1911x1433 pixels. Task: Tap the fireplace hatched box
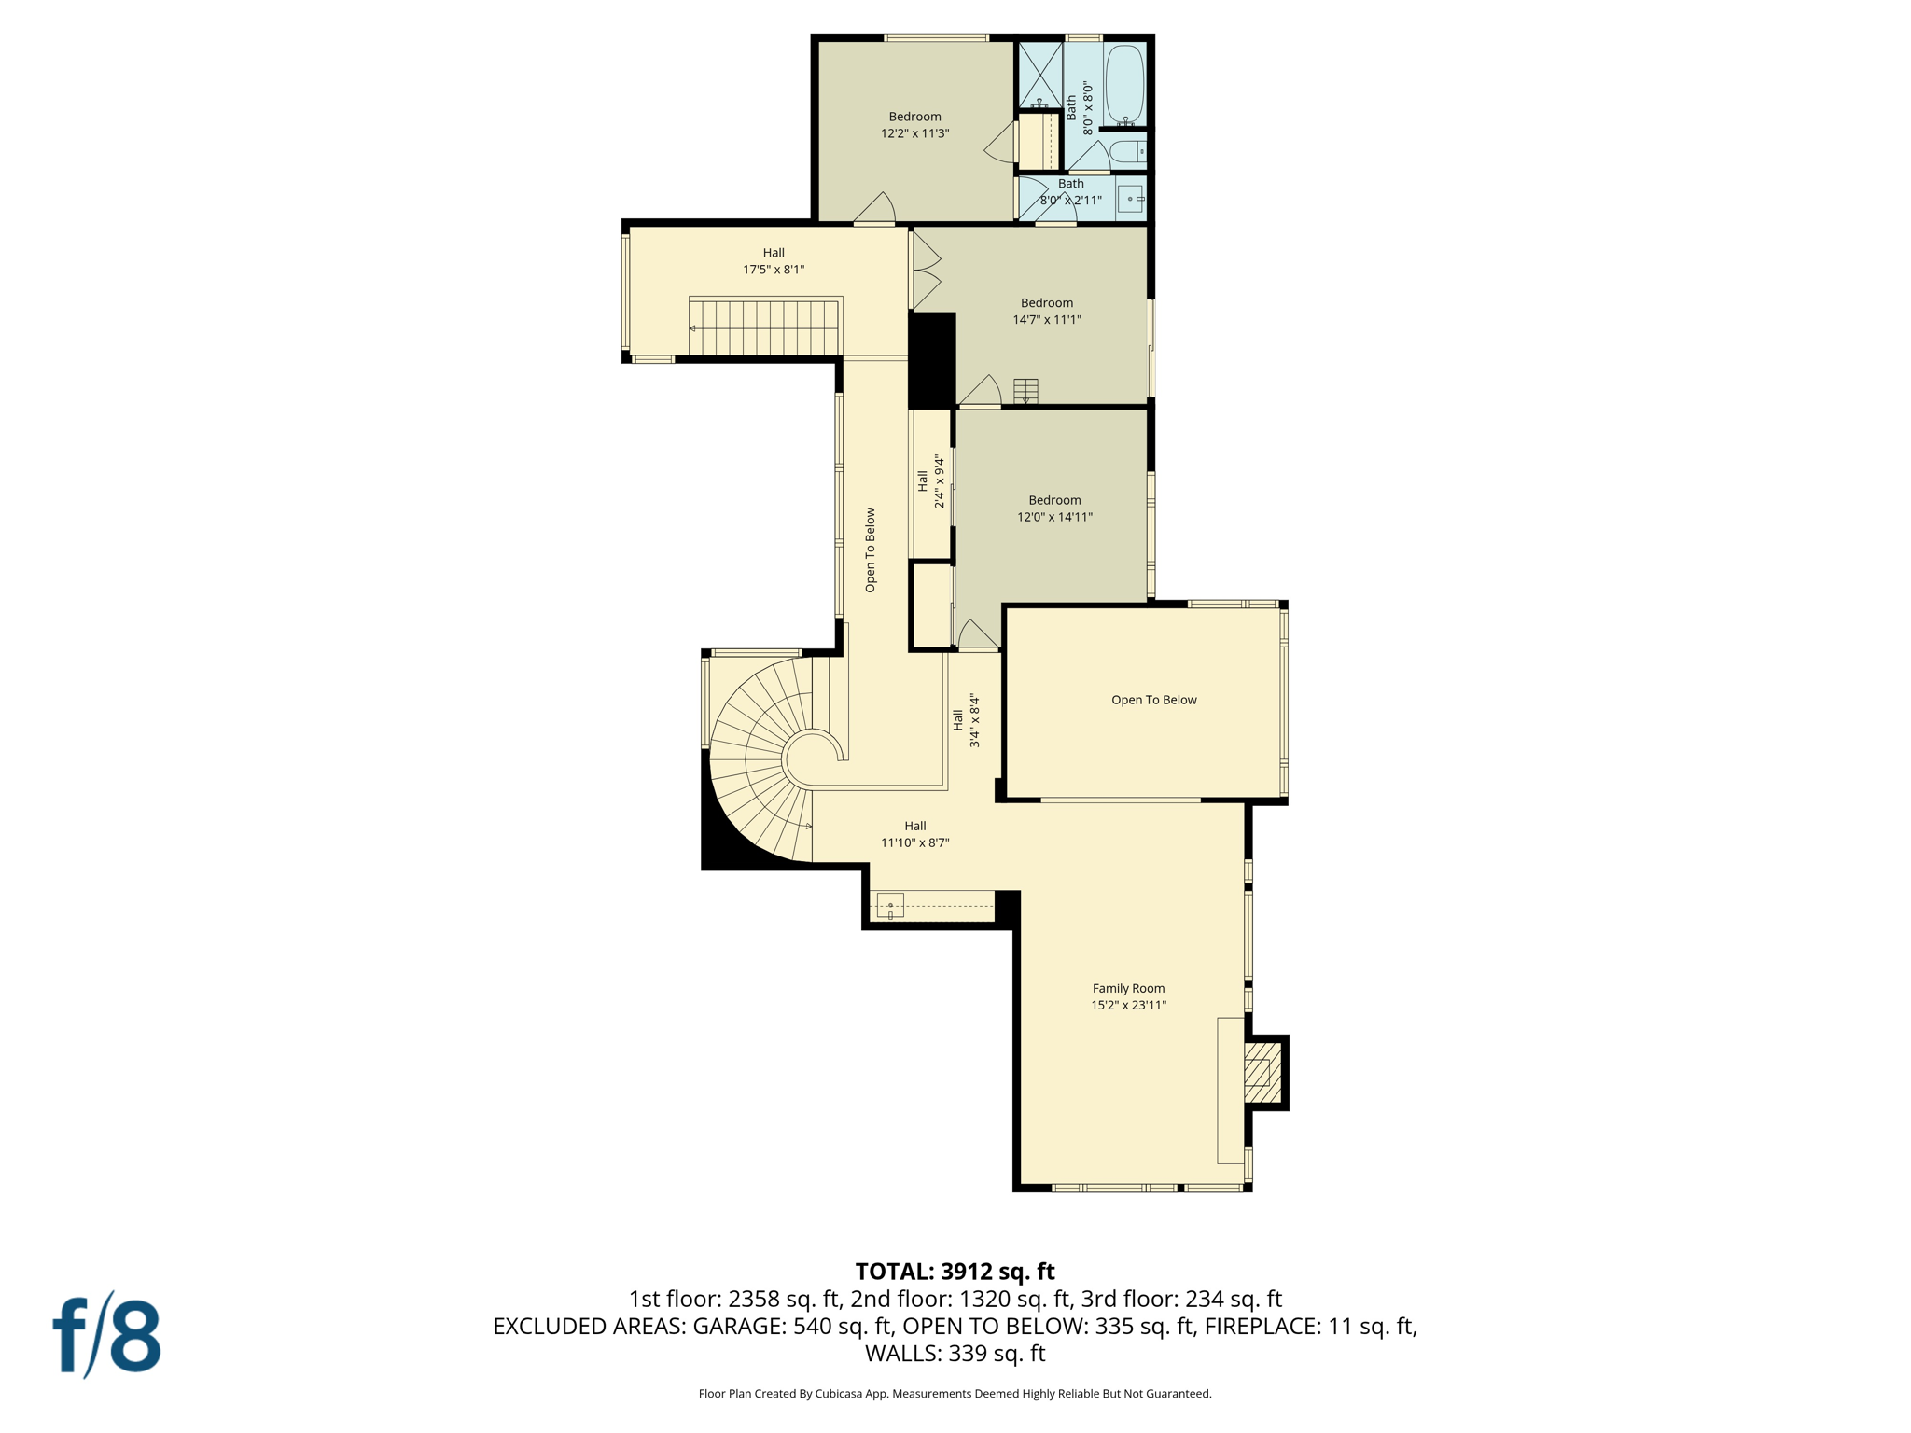pyautogui.click(x=1258, y=1072)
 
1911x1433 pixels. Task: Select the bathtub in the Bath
pyautogui.click(x=1124, y=84)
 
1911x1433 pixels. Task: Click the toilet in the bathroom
pyautogui.click(x=1127, y=151)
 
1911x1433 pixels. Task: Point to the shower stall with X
pyautogui.click(x=1039, y=75)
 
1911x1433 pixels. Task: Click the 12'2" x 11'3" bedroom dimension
pyautogui.click(x=914, y=133)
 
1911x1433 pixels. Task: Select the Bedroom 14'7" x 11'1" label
pyautogui.click(x=1046, y=311)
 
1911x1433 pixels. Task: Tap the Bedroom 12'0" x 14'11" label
pyautogui.click(x=1054, y=508)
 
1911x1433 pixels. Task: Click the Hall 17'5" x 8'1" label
pyautogui.click(x=773, y=261)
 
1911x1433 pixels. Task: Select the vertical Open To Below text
pyautogui.click(x=870, y=550)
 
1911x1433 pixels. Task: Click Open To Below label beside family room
pyautogui.click(x=1153, y=700)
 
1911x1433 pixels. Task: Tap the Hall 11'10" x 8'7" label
pyautogui.click(x=914, y=834)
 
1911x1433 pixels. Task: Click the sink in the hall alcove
pyautogui.click(x=890, y=906)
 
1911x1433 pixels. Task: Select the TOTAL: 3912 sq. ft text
pyautogui.click(x=955, y=1272)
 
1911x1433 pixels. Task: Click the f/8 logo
pyautogui.click(x=106, y=1336)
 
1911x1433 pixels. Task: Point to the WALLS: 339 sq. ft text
pyautogui.click(x=955, y=1354)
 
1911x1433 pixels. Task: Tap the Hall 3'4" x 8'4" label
pyautogui.click(x=966, y=720)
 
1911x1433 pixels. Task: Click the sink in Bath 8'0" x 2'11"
pyautogui.click(x=1131, y=199)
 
